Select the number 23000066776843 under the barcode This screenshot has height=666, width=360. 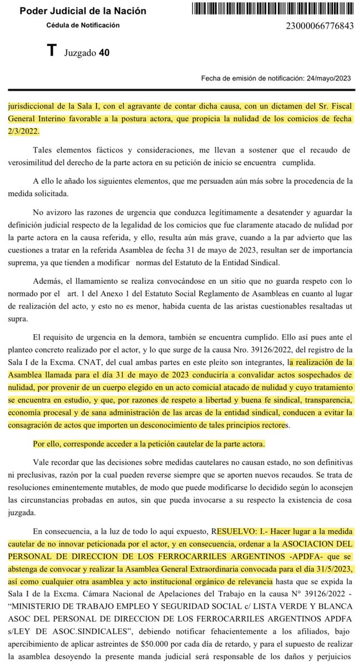[319, 26]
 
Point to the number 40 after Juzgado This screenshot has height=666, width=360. [104, 53]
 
